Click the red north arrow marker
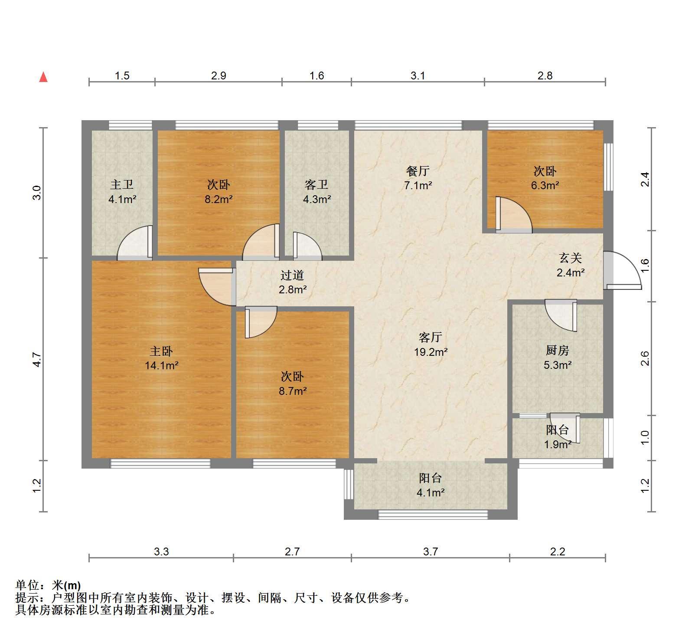coord(43,77)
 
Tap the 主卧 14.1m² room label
coord(161,358)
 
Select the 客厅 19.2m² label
coord(431,344)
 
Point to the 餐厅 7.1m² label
coord(418,178)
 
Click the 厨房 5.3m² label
coord(558,357)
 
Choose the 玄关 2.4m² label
coord(570,265)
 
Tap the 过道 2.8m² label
coord(293,282)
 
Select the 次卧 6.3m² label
coord(545,178)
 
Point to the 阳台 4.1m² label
coord(431,485)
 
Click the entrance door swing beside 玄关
coord(623,271)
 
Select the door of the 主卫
coord(135,243)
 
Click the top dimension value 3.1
coord(418,76)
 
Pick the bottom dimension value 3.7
coord(431,551)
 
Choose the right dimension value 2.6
coord(645,358)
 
